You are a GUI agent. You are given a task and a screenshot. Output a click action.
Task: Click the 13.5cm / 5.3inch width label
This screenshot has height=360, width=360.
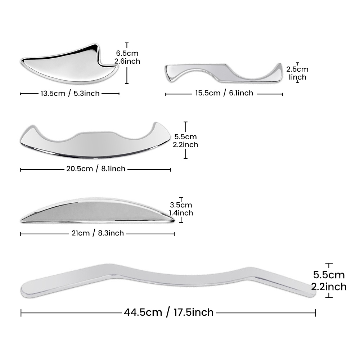[70, 94]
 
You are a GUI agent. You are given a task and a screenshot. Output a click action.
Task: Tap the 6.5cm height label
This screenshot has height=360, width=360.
[127, 53]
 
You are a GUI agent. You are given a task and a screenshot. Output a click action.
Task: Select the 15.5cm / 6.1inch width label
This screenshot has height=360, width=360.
[224, 93]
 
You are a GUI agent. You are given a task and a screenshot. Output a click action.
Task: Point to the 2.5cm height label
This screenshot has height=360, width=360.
[297, 69]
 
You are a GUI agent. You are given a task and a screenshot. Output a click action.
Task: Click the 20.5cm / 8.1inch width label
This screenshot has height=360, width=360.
[96, 169]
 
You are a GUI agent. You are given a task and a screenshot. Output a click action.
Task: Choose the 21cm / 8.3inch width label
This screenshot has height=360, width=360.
[98, 233]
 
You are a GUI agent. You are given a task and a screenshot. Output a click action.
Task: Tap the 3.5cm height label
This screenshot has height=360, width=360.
[181, 205]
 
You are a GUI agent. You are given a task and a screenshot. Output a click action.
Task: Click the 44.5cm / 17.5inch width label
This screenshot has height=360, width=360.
[169, 312]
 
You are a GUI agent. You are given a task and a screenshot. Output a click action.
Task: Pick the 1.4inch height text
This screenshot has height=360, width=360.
[181, 213]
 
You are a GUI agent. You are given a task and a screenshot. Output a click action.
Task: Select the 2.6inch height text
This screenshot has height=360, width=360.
[127, 61]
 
